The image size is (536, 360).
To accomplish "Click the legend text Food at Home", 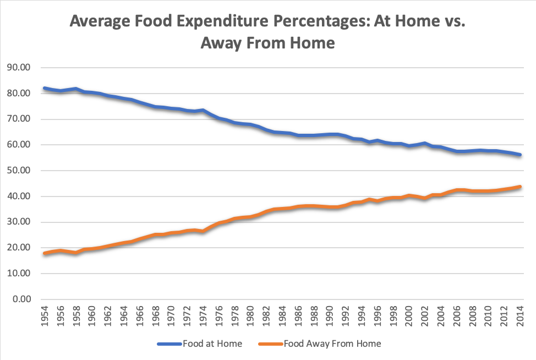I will tap(208, 344).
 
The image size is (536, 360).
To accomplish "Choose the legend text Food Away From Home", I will tap(332, 344).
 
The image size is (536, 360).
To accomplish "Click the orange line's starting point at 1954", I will tap(45, 253).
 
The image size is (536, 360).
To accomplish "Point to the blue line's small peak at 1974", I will tap(203, 110).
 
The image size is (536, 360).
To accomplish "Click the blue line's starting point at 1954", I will tap(45, 88).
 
